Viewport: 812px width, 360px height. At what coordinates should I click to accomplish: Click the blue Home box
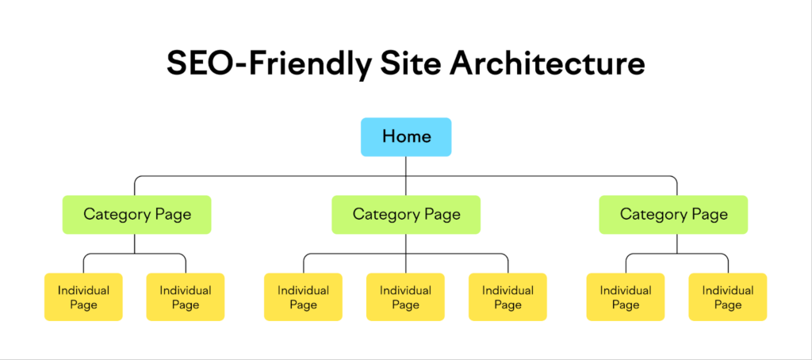406,136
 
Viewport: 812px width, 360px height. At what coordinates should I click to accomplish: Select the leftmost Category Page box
136,214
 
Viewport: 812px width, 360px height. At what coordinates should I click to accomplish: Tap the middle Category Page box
406,214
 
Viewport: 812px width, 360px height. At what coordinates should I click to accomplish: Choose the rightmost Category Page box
673,214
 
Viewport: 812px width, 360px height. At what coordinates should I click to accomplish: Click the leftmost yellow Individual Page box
83,297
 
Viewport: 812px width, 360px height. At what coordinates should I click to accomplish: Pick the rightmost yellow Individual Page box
728,297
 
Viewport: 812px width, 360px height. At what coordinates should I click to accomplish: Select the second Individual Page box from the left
186,297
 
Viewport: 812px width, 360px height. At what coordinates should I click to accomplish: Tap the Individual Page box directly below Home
405,297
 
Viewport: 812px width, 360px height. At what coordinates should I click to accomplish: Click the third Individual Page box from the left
304,297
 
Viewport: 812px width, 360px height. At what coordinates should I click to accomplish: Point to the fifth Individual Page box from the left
508,297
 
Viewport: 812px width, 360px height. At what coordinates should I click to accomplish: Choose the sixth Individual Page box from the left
626,297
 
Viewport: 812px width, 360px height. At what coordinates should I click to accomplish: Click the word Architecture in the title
547,64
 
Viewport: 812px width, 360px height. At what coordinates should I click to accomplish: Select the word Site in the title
410,64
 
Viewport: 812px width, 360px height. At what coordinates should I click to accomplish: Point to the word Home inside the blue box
407,136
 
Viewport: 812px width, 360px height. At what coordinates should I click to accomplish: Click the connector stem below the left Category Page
135,244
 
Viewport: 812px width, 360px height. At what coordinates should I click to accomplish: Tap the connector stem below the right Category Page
677,244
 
